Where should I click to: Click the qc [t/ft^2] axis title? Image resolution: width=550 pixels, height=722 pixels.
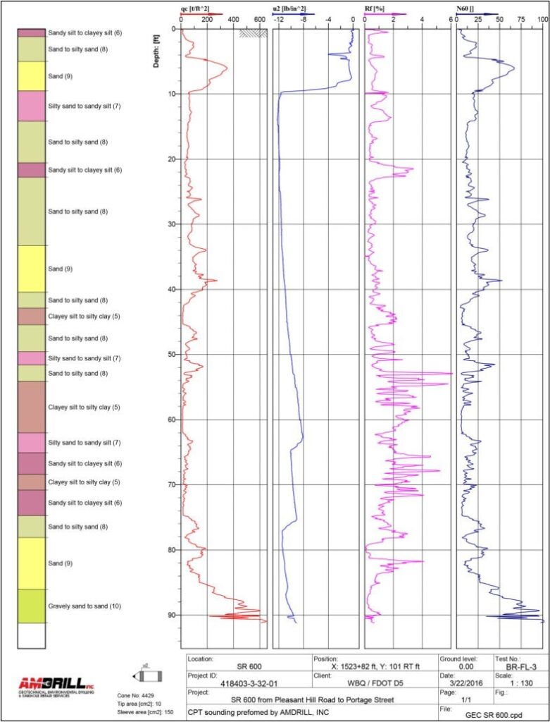195,8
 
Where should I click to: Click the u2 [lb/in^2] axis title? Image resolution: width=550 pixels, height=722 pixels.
289,8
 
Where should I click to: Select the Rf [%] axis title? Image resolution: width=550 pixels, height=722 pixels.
373,8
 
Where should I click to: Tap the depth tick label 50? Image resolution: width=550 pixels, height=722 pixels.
172,355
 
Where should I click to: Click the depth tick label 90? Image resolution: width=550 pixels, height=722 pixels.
172,615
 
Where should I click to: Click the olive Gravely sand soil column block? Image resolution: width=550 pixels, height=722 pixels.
31,606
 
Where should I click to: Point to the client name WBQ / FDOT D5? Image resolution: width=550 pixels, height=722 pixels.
374,683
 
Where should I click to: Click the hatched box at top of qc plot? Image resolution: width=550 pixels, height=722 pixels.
253,32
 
